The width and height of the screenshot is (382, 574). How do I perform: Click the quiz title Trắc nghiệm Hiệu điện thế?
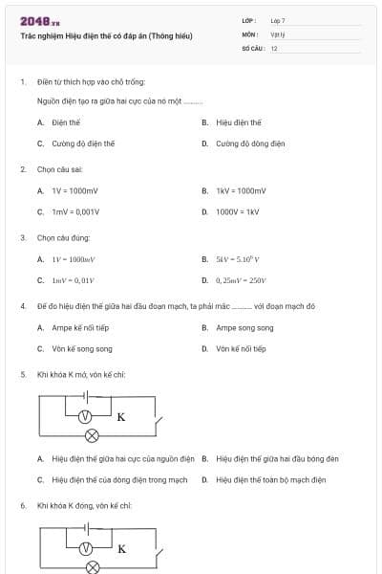[x=106, y=36]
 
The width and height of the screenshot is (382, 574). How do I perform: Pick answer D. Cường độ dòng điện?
[x=250, y=143]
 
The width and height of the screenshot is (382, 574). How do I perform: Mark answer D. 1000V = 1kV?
[x=237, y=211]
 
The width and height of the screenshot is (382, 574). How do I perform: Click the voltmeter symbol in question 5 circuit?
[x=85, y=416]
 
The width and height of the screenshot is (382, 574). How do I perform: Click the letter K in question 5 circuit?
[x=121, y=417]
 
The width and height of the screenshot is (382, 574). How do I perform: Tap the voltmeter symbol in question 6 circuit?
[x=85, y=548]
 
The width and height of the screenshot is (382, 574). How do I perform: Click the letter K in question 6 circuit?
[x=121, y=549]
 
